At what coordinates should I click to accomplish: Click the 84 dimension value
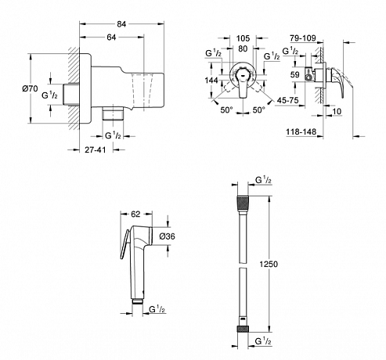121,24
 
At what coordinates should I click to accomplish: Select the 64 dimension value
111,38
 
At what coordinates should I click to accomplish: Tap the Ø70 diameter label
30,88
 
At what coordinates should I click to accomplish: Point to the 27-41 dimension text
96,149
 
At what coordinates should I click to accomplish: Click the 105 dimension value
243,38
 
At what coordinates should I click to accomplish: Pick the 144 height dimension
211,80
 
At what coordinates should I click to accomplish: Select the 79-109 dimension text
303,38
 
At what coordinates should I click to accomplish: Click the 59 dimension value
295,74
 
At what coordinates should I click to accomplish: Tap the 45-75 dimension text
287,100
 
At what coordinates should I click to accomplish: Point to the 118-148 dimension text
301,131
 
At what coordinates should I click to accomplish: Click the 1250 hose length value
269,264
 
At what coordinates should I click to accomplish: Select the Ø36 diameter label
168,236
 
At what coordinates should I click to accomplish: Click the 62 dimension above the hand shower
135,214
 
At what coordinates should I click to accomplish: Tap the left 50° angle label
226,110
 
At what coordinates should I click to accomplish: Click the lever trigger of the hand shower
124,244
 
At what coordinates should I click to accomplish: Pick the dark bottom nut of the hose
243,329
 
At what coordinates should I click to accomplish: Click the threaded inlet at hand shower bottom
137,301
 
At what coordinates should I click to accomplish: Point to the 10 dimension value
337,111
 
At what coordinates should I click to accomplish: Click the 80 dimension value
243,49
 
